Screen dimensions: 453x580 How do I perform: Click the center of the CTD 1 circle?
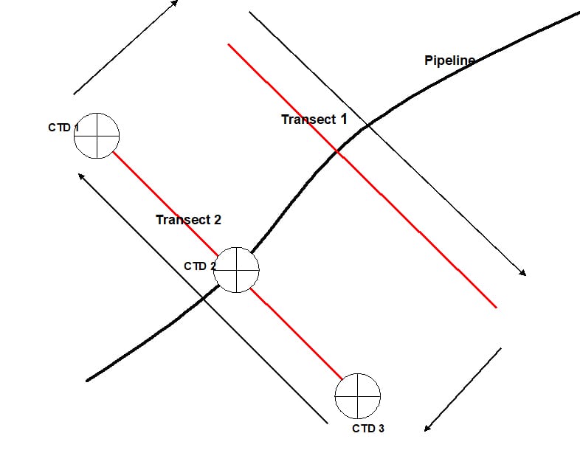[x=96, y=136]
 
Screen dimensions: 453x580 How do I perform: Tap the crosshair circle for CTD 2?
[x=237, y=270]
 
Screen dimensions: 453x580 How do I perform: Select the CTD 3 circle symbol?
[x=358, y=395]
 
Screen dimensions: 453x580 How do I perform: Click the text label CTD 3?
[x=368, y=429]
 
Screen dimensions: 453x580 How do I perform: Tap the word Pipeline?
[x=449, y=60]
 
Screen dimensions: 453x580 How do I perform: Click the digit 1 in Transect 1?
[x=343, y=119]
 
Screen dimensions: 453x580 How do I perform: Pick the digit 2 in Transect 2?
[x=217, y=219]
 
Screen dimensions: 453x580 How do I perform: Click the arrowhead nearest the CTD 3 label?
[x=427, y=429]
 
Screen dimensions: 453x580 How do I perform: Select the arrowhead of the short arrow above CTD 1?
[x=175, y=2]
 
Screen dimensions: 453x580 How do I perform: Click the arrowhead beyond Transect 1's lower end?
[x=523, y=274]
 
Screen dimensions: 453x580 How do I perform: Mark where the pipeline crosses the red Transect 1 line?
[x=337, y=151]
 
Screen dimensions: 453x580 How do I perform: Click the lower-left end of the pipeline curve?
[x=88, y=380]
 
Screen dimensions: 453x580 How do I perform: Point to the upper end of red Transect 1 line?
[x=229, y=44]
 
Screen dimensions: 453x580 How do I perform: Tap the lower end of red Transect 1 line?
[x=497, y=307]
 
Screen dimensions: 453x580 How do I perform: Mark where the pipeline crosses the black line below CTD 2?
[x=204, y=297]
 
